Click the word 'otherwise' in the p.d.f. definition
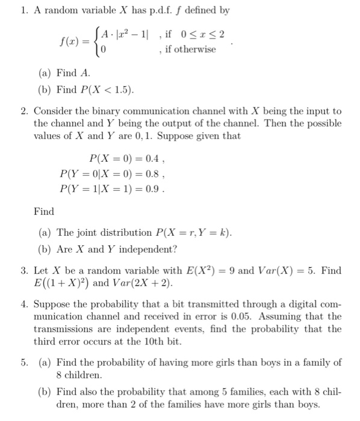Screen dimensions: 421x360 pyautogui.click(x=196, y=49)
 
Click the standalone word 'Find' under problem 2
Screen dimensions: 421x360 pyautogui.click(x=44, y=212)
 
